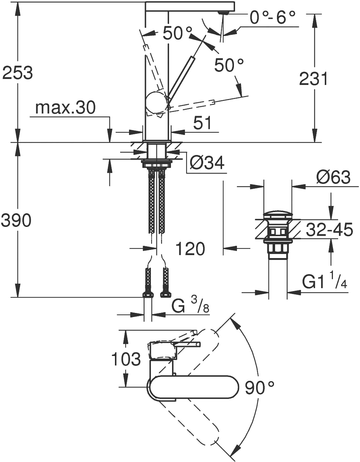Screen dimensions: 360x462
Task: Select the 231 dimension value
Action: [313, 79]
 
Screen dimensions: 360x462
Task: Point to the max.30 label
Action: [65, 108]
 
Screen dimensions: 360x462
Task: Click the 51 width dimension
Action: [202, 123]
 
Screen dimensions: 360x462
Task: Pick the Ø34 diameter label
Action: [207, 163]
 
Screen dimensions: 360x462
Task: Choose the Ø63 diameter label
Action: [333, 177]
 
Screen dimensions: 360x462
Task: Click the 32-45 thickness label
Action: [329, 230]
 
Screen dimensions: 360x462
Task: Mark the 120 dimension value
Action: [191, 248]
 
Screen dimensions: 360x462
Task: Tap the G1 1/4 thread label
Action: [324, 281]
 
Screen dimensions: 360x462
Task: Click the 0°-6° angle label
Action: [273, 17]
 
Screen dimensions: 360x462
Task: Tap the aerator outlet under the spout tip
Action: [223, 12]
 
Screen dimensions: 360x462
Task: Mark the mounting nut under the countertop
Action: [156, 164]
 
